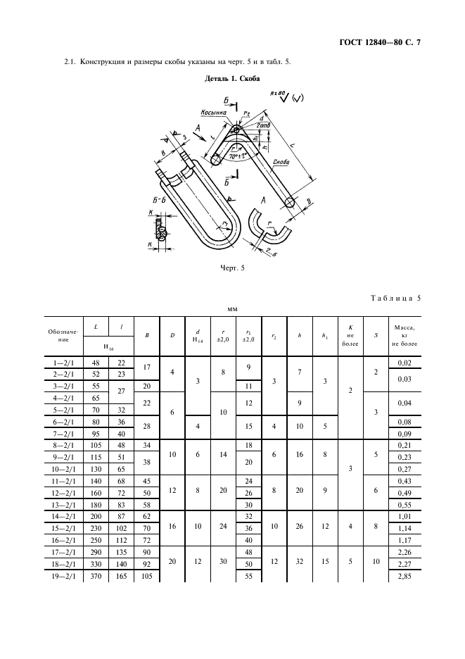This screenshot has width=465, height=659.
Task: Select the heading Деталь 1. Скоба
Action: [x=232, y=80]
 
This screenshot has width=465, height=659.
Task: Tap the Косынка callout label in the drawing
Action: [x=213, y=113]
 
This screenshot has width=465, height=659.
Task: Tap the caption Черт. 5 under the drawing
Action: [x=232, y=268]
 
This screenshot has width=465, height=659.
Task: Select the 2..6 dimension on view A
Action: [x=270, y=252]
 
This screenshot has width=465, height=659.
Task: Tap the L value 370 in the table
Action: [x=96, y=576]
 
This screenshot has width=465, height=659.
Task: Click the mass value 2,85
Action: [x=403, y=576]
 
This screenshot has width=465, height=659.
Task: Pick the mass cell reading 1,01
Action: [x=403, y=516]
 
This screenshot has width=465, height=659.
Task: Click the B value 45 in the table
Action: [x=146, y=480]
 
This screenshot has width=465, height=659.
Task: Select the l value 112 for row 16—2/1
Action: [x=121, y=540]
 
